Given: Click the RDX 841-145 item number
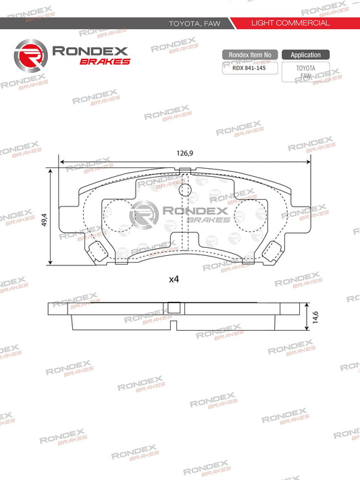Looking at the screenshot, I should point(249,68).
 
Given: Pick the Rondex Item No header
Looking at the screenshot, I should point(249,55).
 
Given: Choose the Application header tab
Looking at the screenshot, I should point(305,55).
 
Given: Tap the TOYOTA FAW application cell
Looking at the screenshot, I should point(305,72).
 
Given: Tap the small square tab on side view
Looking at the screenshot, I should point(174,309).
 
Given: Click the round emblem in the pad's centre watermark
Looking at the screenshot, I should point(143,215).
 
